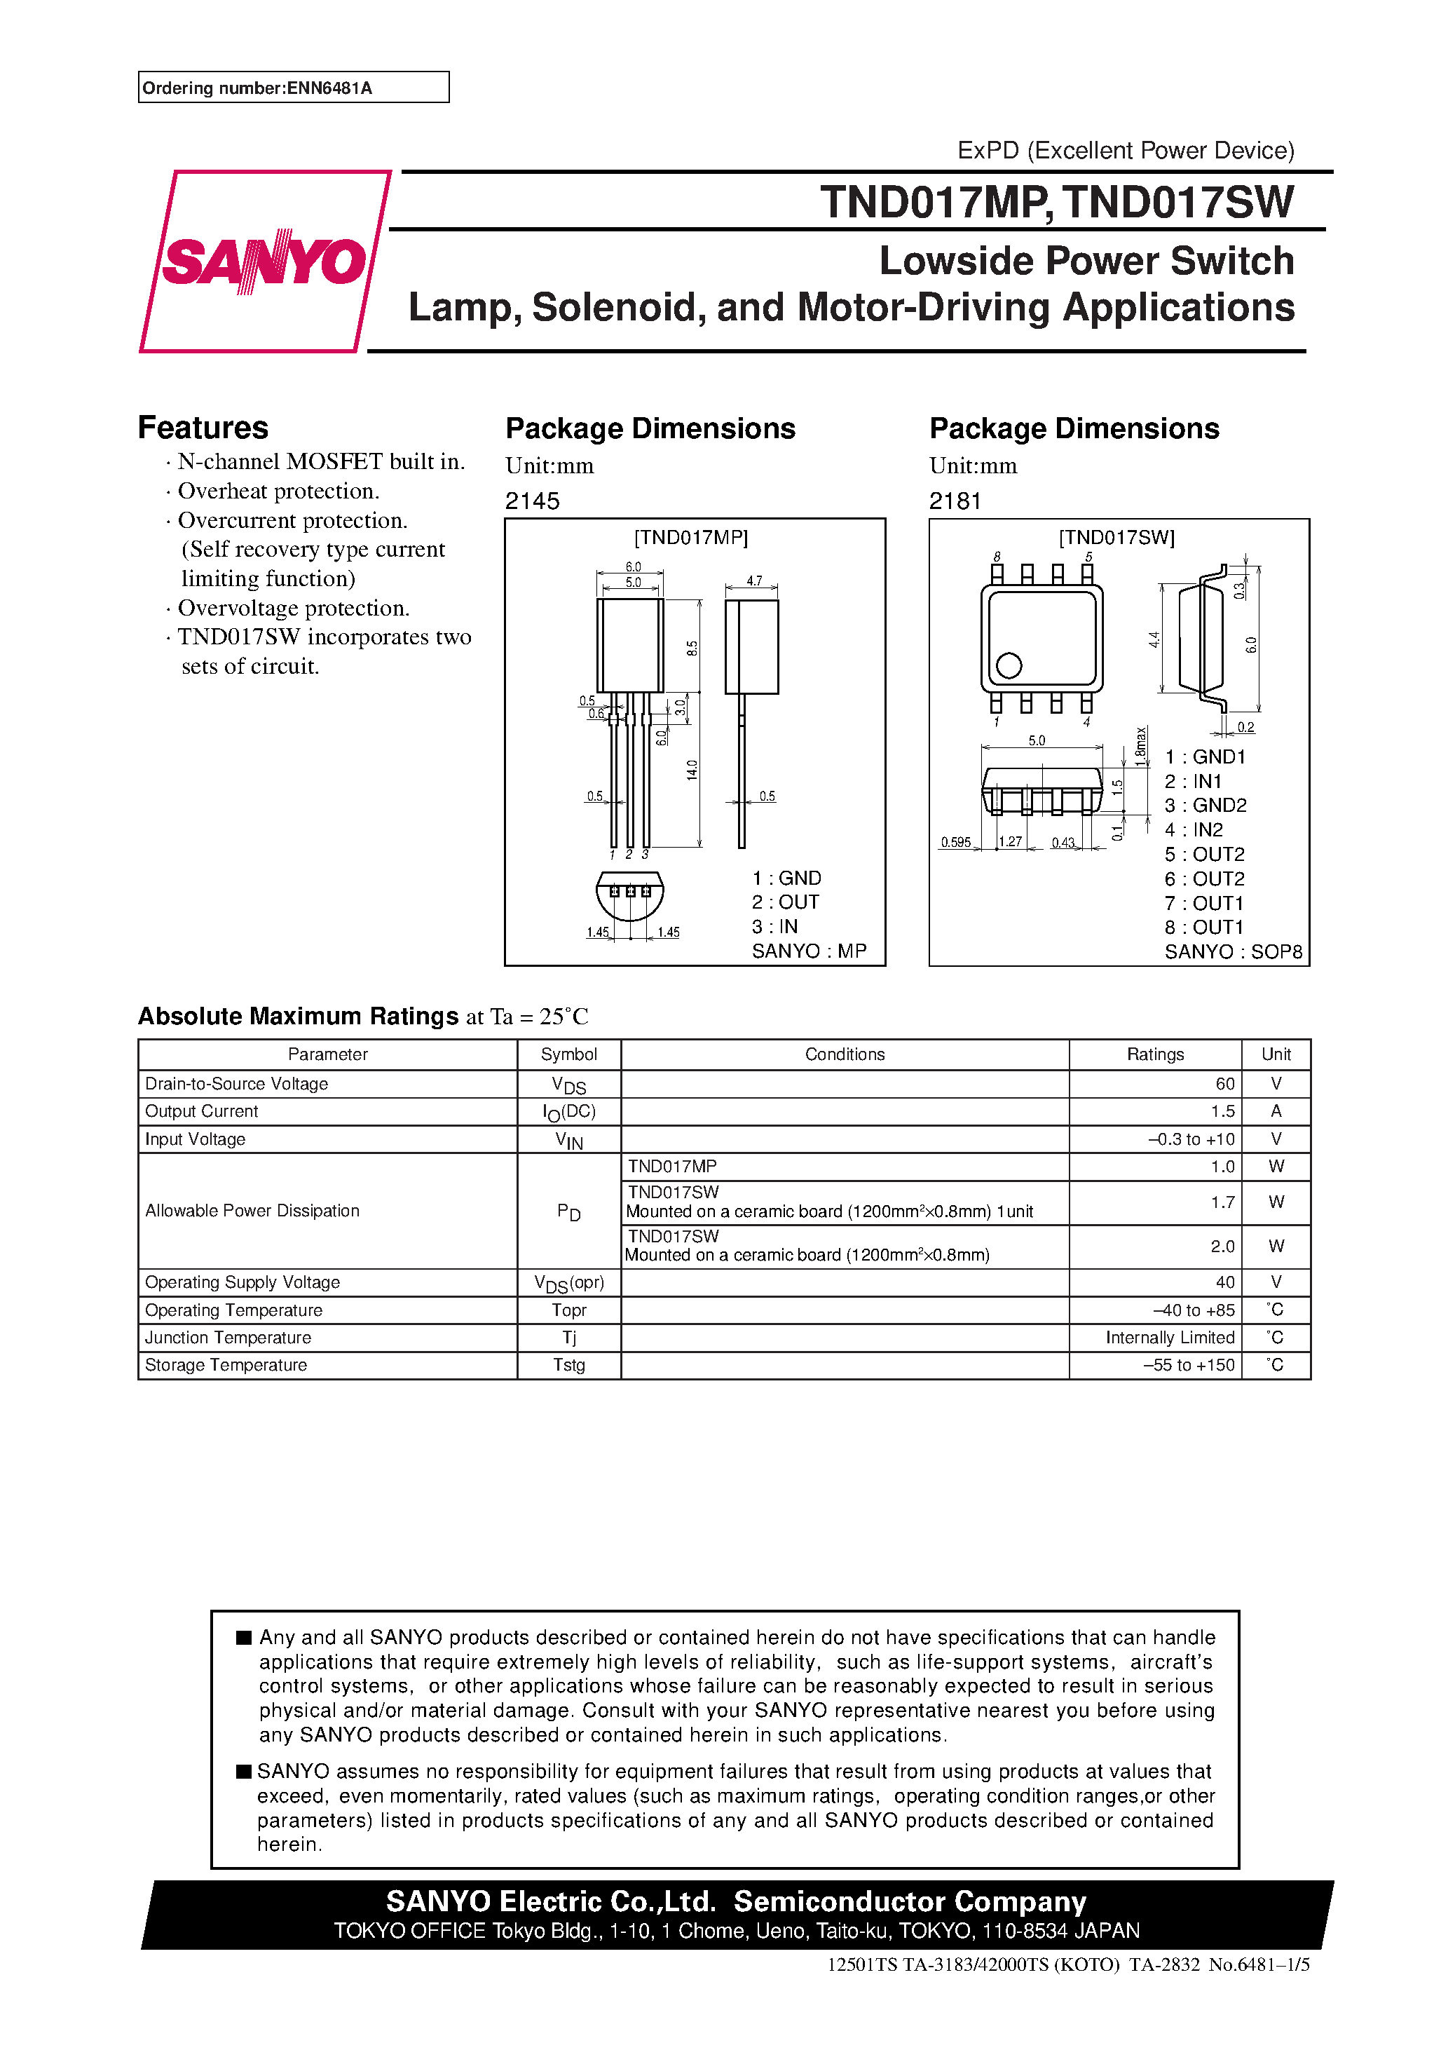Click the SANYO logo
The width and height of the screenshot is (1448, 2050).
click(x=264, y=262)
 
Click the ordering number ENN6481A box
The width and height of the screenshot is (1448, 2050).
click(x=293, y=88)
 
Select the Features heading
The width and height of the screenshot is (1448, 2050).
click(x=203, y=428)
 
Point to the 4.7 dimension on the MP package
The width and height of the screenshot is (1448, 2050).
click(x=754, y=581)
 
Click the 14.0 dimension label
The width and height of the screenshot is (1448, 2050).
click(x=692, y=770)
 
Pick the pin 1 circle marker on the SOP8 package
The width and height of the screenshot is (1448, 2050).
click(x=1009, y=665)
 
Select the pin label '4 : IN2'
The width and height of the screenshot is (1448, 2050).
click(x=1194, y=829)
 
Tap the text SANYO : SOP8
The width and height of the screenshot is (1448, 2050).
click(x=1233, y=952)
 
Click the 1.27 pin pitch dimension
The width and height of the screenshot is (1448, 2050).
click(x=1011, y=842)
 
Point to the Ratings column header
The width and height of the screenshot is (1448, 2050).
click(x=1154, y=1054)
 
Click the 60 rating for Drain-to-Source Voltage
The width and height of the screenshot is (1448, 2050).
click(x=1225, y=1084)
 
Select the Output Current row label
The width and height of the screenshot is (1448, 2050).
click(x=202, y=1112)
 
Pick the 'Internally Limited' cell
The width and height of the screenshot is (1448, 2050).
click(x=1170, y=1338)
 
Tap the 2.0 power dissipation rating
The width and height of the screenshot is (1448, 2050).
click(x=1222, y=1247)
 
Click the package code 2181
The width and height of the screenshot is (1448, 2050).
click(x=955, y=502)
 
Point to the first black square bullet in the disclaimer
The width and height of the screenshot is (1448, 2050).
click(x=244, y=1638)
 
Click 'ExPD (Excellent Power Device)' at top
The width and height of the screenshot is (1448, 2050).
click(x=1125, y=150)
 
